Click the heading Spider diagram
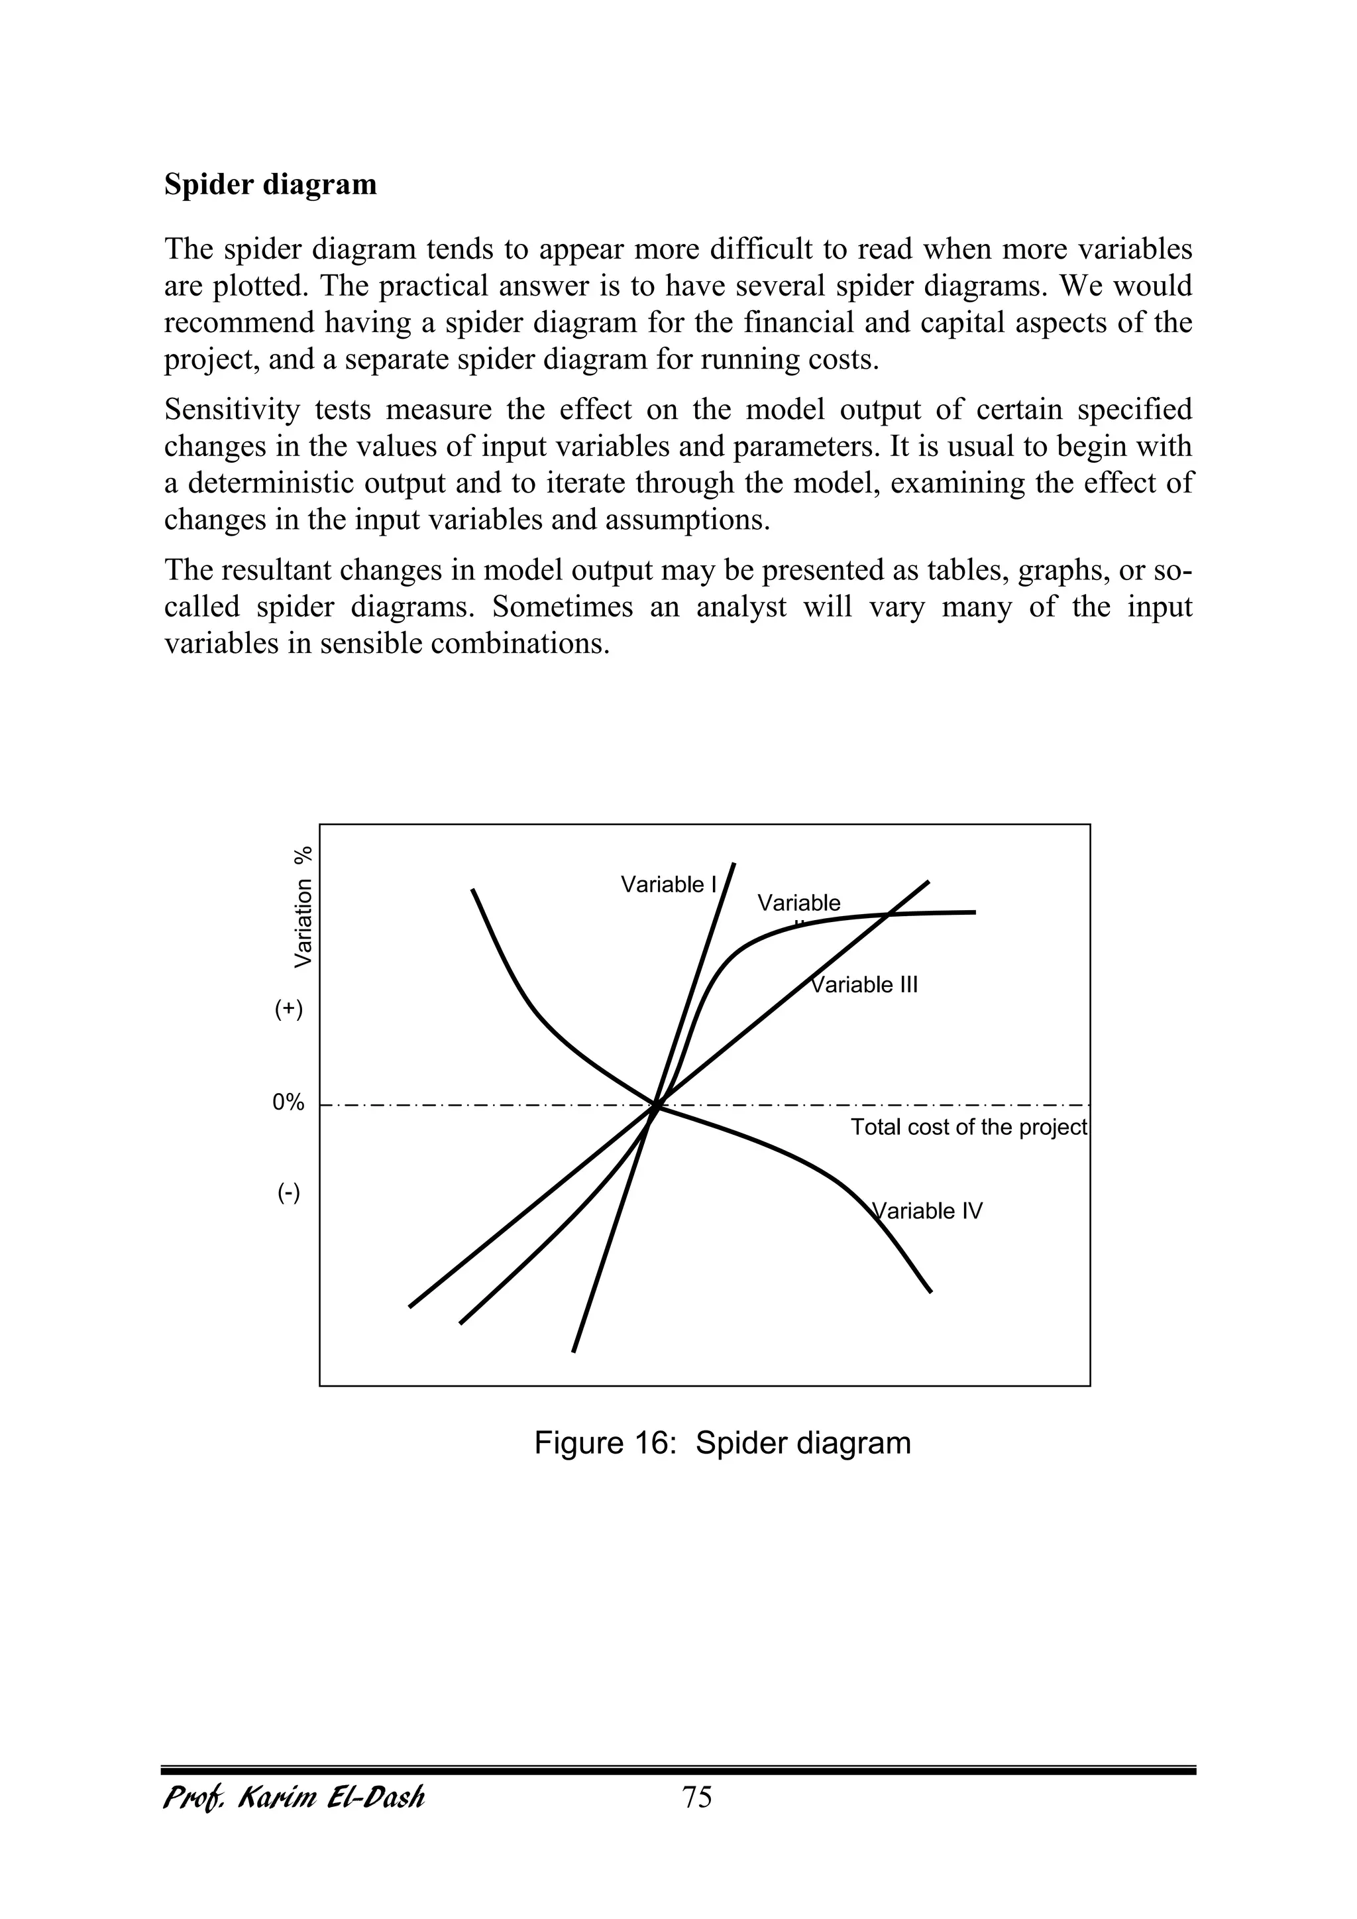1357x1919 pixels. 270,184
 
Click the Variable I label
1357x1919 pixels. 669,884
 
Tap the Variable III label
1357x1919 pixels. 865,984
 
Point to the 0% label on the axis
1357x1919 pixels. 288,1102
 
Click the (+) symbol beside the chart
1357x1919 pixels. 288,1009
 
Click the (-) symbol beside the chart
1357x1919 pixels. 288,1192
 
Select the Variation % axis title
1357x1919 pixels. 303,907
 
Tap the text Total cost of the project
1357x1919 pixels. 969,1128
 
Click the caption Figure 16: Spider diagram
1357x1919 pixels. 722,1466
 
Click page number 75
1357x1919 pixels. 697,1797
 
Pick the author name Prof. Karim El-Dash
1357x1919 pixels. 294,1797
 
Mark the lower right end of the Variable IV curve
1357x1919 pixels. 930,1291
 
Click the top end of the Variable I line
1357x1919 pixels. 733,863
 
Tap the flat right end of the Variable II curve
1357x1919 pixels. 973,912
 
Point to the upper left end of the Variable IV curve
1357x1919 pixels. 473,890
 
